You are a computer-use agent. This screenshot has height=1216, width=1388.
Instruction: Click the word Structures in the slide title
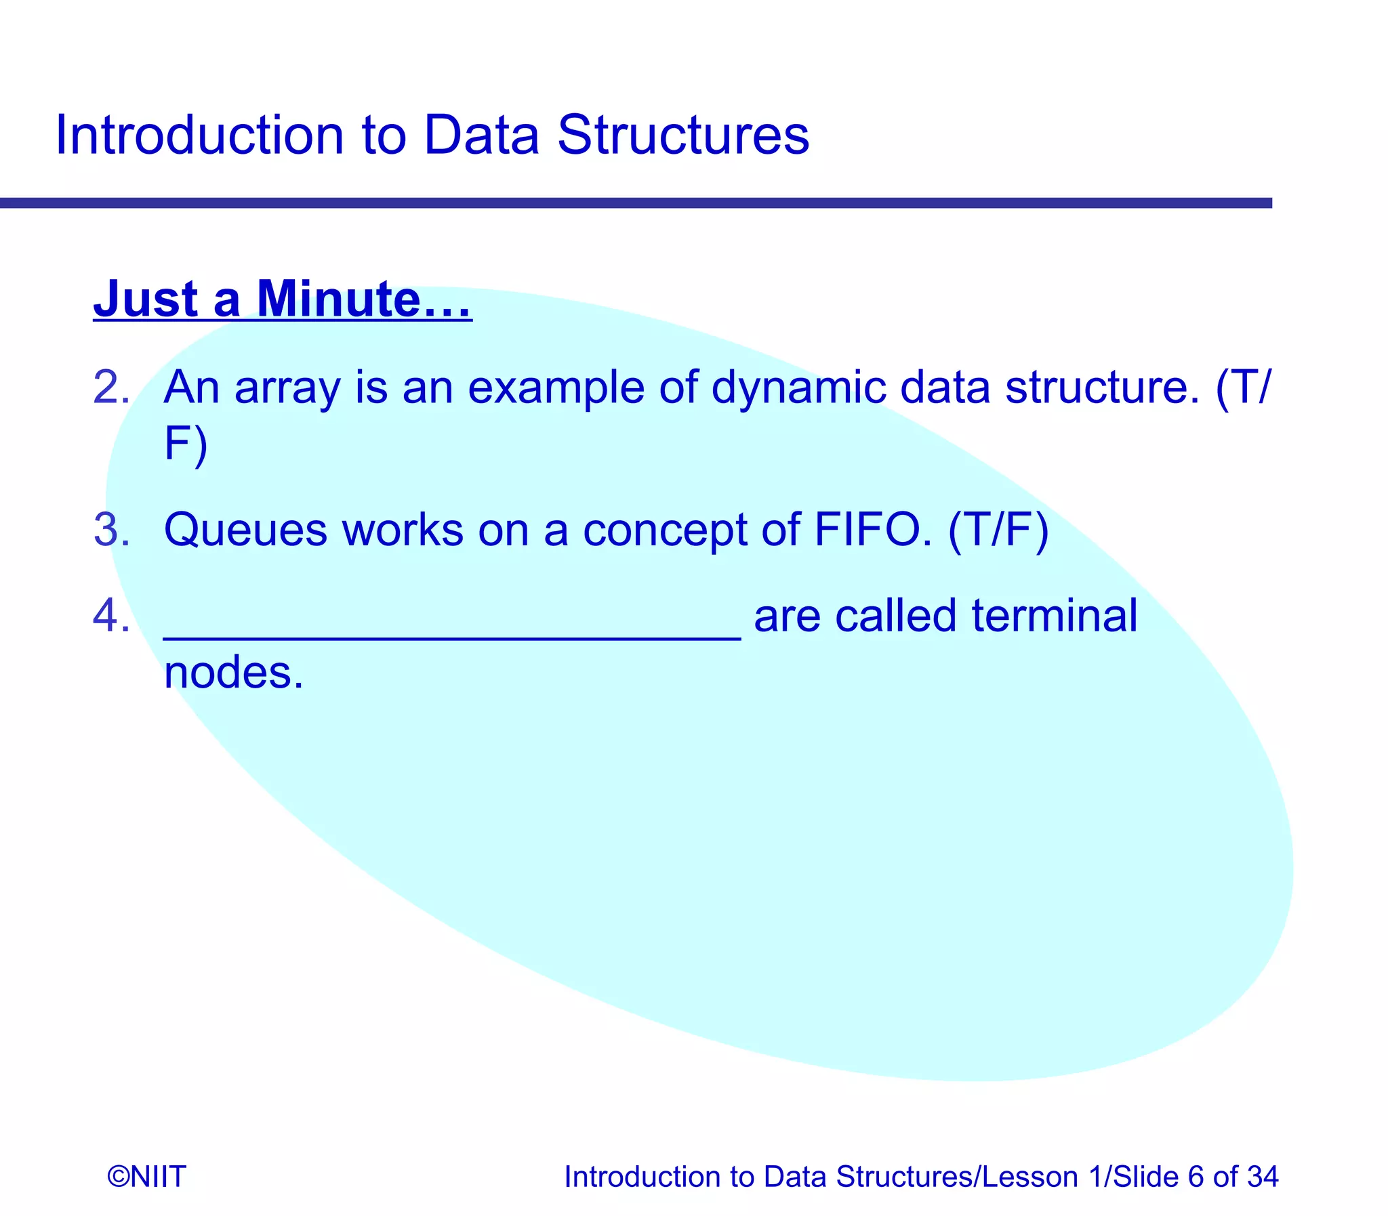(x=682, y=135)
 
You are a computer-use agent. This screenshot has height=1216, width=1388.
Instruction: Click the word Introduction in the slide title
(x=199, y=135)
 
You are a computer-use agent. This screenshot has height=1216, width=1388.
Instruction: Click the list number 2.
(x=110, y=388)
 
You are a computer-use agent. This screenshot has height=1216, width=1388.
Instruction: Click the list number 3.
(x=110, y=530)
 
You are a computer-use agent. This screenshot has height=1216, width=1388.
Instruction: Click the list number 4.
(x=110, y=616)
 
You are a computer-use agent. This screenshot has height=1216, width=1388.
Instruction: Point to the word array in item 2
(x=287, y=390)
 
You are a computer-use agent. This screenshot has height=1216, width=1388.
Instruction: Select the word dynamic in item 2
(x=798, y=390)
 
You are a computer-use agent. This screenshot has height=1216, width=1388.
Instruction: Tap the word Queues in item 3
(x=245, y=530)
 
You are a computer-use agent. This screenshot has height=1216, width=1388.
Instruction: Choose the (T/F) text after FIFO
(x=998, y=530)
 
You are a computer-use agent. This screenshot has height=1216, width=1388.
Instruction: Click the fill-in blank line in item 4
(x=451, y=635)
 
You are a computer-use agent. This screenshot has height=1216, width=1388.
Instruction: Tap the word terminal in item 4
(x=1054, y=616)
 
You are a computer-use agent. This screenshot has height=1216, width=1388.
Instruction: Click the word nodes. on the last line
(x=233, y=673)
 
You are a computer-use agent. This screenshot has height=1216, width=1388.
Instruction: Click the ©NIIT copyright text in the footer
(x=146, y=1176)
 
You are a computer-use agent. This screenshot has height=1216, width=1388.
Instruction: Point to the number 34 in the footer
(x=1263, y=1176)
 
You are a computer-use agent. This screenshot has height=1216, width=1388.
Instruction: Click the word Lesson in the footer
(x=1029, y=1176)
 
